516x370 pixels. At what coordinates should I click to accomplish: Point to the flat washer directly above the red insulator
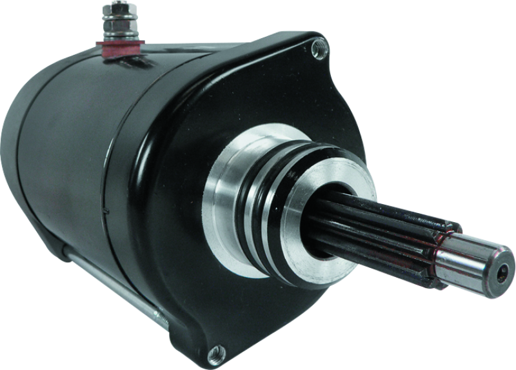click(118, 40)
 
